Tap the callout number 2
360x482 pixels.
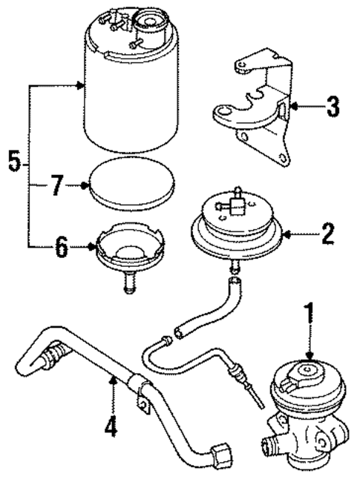327,237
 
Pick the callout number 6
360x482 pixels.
61,247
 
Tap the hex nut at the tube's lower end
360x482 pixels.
221,454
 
